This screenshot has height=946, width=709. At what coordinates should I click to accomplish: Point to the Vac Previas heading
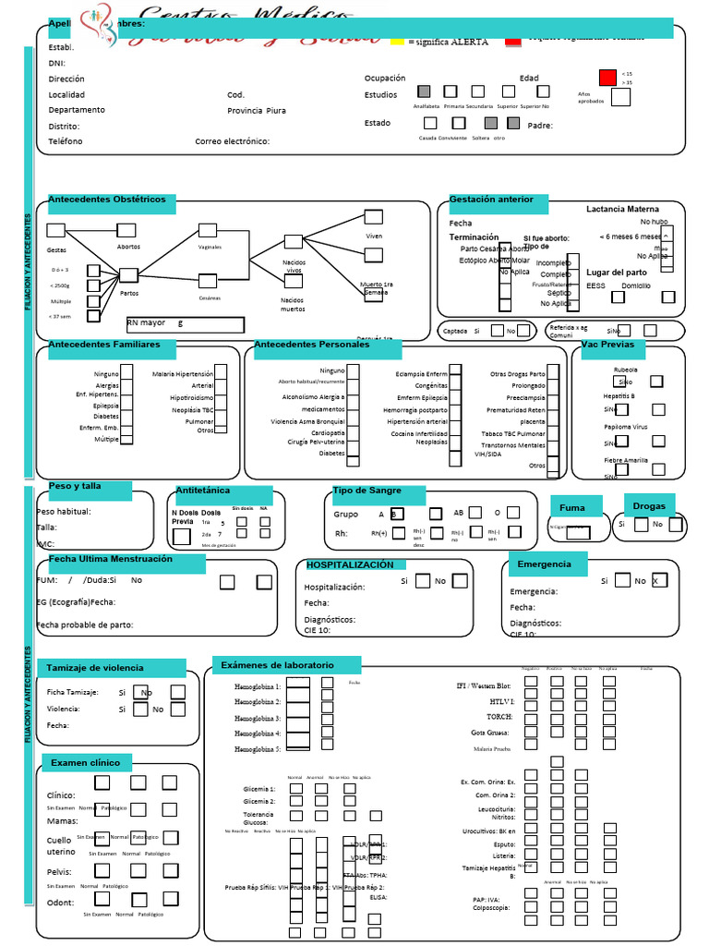point(608,345)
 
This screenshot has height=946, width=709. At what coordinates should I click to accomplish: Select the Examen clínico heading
point(86,762)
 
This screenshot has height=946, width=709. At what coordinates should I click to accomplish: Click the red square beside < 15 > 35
point(607,78)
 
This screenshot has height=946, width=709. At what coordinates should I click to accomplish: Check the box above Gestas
point(56,230)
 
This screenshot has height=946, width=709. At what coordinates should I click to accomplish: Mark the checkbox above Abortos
point(126,230)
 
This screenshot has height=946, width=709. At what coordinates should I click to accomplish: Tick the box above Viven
point(373,217)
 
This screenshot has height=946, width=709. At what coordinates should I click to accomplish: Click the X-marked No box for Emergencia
point(659,581)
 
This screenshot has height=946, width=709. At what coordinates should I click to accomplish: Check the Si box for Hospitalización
point(423,581)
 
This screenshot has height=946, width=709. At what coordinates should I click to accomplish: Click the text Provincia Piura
point(257,111)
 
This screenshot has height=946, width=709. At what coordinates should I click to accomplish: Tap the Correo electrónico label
point(232,141)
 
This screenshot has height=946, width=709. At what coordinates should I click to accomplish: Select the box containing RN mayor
point(185,324)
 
